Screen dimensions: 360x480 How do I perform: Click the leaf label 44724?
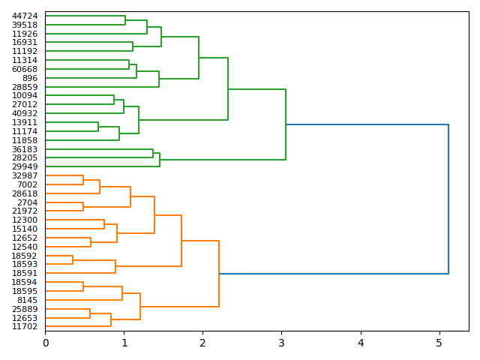point(25,16)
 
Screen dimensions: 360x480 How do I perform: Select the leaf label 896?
point(30,78)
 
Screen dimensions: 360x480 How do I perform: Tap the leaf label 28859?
point(25,87)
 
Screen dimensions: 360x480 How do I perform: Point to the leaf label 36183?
point(25,149)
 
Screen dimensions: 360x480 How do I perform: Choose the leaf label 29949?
point(25,166)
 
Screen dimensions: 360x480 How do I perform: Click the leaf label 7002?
point(27,184)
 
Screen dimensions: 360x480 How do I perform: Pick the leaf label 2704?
point(27,202)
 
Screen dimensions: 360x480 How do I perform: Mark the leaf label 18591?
point(25,273)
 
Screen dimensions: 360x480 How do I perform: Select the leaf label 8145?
point(27,300)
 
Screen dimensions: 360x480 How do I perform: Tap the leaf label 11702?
point(25,326)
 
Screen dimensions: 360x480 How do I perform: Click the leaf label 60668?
point(25,69)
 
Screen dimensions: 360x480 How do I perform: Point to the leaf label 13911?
point(25,122)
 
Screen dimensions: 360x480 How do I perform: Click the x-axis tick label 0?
point(45,343)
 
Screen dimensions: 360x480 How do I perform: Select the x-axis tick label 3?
point(281,343)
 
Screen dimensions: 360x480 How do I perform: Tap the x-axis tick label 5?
point(439,343)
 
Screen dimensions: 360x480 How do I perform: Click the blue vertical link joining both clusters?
point(448,199)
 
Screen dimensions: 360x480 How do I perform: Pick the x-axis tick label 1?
point(124,343)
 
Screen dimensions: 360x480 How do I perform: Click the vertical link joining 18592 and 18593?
point(73,260)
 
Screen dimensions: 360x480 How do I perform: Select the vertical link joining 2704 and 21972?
point(83,207)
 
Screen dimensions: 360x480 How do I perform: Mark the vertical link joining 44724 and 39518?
point(125,20)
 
